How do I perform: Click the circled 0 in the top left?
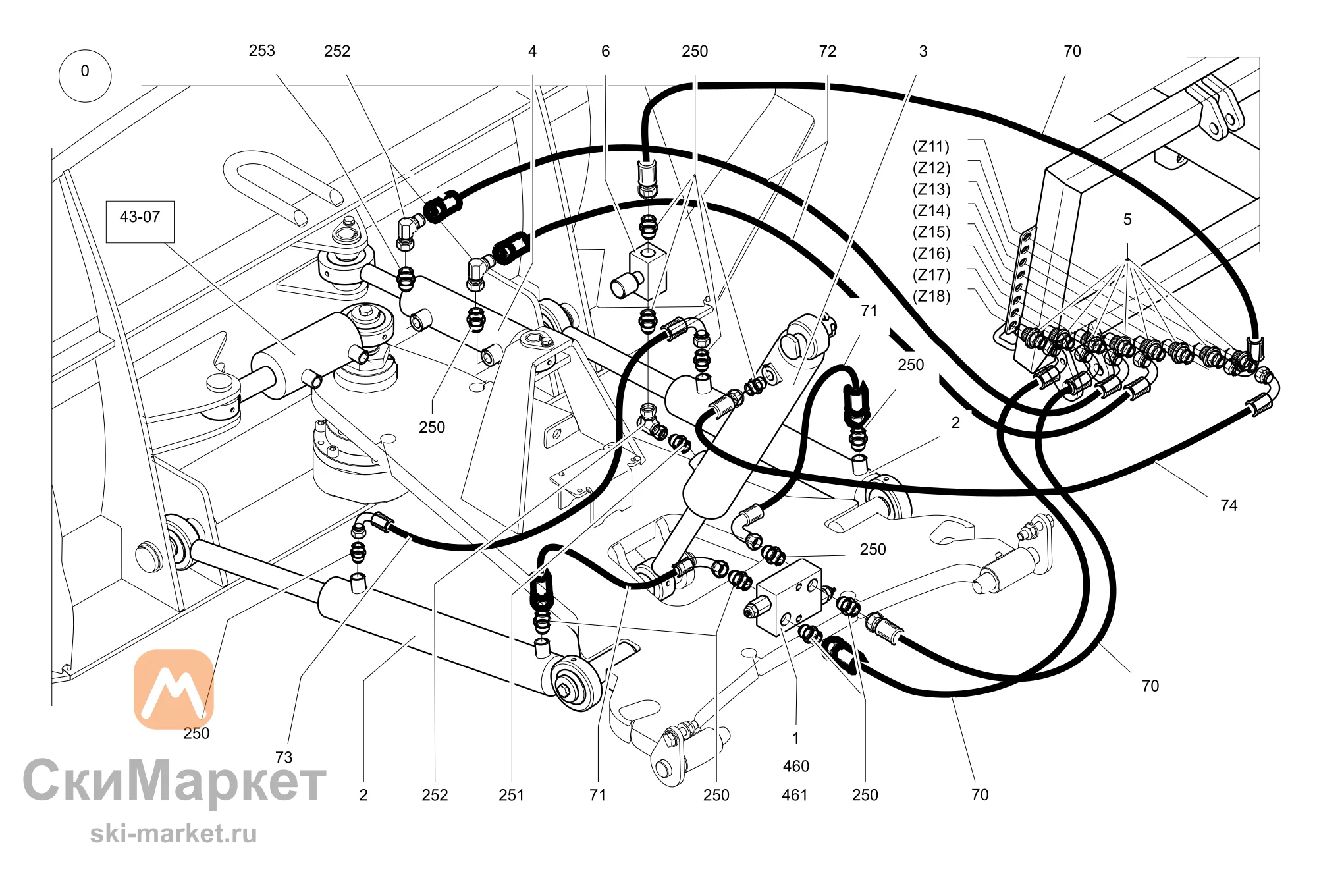85,76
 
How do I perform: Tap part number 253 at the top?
261,51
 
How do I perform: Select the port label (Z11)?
931,146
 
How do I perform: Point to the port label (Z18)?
931,296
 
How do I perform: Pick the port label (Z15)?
931,232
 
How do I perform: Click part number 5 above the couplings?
1127,219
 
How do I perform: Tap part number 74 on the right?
1229,506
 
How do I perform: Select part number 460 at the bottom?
795,766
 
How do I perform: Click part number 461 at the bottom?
795,795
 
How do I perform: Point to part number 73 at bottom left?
284,757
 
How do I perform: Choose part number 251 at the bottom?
511,795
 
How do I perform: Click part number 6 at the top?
605,51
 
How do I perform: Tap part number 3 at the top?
923,51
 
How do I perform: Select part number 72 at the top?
828,51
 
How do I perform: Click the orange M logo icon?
174,690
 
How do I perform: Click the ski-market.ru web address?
173,834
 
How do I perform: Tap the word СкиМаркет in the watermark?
175,781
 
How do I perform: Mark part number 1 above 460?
795,738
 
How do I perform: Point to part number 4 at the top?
532,51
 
